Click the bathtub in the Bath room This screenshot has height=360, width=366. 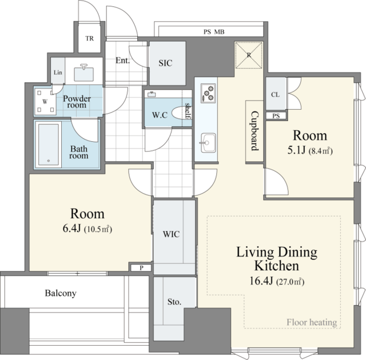tap(49, 145)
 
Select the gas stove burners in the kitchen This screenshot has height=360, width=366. tap(208, 93)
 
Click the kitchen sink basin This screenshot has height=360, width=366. tap(208, 142)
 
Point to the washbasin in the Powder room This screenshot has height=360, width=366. tap(84, 73)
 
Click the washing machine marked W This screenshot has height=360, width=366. tap(45, 102)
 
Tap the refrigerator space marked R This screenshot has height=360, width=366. tap(249, 55)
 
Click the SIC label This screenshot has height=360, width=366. tap(165, 63)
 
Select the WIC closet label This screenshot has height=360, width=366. tap(172, 234)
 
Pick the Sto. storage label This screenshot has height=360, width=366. tap(174, 302)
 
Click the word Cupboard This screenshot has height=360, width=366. tap(255, 131)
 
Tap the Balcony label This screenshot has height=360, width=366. tap(61, 293)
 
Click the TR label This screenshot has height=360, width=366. tap(89, 38)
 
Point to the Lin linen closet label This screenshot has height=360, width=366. tap(58, 73)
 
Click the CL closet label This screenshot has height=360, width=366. tap(276, 94)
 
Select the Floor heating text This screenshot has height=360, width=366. tap(312, 322)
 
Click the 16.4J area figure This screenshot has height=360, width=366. tap(261, 281)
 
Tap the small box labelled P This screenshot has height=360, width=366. tap(141, 268)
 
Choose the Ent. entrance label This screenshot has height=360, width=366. tap(122, 61)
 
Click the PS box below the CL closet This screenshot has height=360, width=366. tap(276, 115)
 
